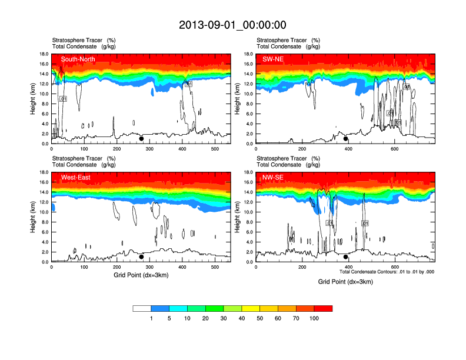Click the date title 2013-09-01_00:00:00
click(232, 25)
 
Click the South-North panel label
click(78, 59)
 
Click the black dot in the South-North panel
click(141, 139)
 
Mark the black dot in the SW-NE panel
click(346, 139)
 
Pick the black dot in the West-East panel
click(141, 257)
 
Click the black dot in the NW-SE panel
click(346, 257)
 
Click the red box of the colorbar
click(323, 308)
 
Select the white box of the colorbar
click(142, 308)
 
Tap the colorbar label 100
click(314, 318)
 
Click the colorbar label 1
click(151, 318)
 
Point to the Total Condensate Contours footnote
click(387, 272)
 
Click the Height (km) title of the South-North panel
click(33, 99)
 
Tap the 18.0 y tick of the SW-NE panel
click(249, 54)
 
